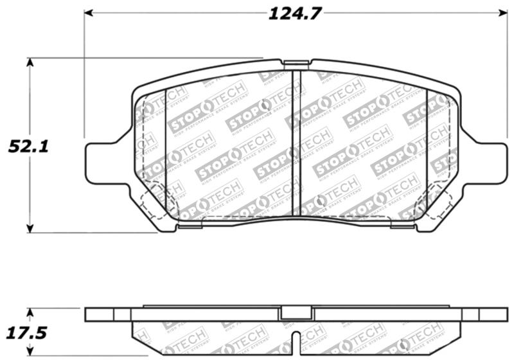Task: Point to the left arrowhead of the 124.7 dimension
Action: coord(89,13)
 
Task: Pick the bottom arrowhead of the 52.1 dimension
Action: coord(30,228)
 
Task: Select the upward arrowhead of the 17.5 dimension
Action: coord(30,312)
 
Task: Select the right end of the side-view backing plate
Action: coord(488,314)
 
